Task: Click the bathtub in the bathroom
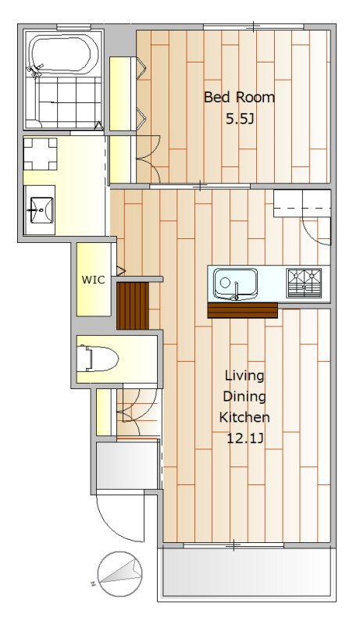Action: (64, 55)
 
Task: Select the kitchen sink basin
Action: (235, 284)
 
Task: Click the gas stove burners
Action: (304, 283)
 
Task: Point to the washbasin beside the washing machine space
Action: (39, 209)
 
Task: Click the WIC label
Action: (94, 280)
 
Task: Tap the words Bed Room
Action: (239, 97)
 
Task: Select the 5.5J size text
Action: (240, 119)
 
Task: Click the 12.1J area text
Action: (244, 438)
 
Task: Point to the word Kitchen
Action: (244, 417)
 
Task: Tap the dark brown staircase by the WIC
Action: (133, 305)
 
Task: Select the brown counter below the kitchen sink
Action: (243, 310)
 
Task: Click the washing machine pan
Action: (40, 153)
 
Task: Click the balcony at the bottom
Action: (247, 573)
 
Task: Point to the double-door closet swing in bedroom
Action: (148, 159)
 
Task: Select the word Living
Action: (244, 376)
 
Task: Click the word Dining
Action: (244, 397)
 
